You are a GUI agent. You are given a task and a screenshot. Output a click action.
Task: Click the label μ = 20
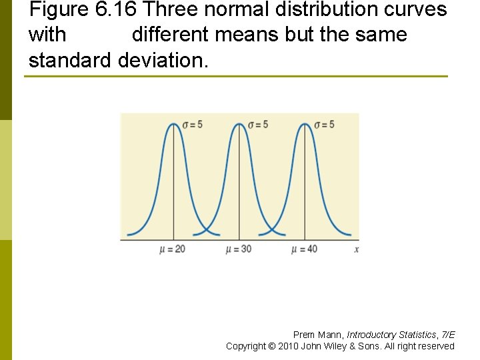pyautogui.click(x=173, y=249)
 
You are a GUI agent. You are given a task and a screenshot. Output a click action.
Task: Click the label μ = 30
pyautogui.click(x=239, y=249)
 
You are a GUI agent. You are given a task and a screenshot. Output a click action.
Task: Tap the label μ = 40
pyautogui.click(x=304, y=249)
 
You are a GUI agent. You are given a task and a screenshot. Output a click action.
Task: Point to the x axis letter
pyautogui.click(x=357, y=249)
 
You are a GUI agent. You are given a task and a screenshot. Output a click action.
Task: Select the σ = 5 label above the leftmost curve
pyautogui.click(x=192, y=125)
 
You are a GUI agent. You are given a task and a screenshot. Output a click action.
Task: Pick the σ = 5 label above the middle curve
pyautogui.click(x=258, y=125)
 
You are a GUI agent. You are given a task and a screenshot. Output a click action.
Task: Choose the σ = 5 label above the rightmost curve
pyautogui.click(x=324, y=125)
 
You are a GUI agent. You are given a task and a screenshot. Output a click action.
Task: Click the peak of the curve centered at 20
pyautogui.click(x=173, y=124)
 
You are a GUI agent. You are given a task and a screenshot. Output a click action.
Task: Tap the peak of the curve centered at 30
pyautogui.click(x=239, y=124)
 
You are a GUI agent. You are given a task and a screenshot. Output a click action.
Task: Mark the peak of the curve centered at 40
pyautogui.click(x=305, y=124)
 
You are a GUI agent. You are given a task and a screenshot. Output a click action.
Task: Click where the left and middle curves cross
pyautogui.click(x=207, y=230)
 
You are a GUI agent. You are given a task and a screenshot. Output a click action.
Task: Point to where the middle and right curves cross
pyautogui.click(x=272, y=230)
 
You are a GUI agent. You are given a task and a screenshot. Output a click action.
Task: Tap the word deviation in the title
pyautogui.click(x=163, y=60)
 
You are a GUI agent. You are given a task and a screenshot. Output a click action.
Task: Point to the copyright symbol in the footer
pyautogui.click(x=272, y=346)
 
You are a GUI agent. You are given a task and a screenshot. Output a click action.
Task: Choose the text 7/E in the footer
pyautogui.click(x=448, y=335)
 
